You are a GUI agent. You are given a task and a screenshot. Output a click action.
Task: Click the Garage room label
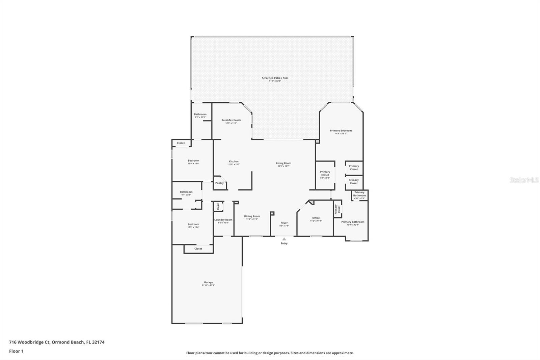(208, 282)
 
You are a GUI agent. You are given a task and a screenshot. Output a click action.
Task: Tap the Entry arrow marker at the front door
(284, 239)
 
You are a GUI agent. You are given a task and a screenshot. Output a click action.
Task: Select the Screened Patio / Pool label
(275, 78)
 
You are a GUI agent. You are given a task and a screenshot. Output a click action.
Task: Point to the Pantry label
(219, 183)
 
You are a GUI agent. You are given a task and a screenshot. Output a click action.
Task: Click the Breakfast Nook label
(231, 120)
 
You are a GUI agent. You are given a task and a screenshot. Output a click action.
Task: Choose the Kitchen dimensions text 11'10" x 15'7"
(234, 164)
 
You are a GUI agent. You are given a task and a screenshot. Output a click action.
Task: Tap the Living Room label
(283, 163)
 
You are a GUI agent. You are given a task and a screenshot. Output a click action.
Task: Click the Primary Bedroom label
(341, 131)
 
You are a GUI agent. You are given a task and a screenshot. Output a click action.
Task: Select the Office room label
(316, 218)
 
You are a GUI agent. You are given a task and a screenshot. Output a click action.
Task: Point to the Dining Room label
(252, 216)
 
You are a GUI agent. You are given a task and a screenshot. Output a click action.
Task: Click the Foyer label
(284, 223)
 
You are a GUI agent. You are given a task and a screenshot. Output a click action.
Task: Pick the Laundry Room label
(223, 220)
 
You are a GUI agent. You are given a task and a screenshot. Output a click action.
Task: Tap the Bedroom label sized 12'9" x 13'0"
(193, 161)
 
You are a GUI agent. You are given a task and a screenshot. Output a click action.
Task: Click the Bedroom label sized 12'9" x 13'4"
(193, 224)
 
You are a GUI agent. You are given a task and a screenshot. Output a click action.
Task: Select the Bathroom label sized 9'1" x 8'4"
(186, 192)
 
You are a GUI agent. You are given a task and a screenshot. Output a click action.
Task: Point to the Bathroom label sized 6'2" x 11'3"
(200, 114)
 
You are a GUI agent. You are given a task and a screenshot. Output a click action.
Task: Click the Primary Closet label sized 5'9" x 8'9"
(325, 173)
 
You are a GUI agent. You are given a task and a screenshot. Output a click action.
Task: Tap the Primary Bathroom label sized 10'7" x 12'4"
(353, 222)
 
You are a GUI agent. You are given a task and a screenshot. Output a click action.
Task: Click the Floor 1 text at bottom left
(16, 351)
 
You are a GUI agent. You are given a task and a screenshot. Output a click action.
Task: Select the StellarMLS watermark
(524, 180)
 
